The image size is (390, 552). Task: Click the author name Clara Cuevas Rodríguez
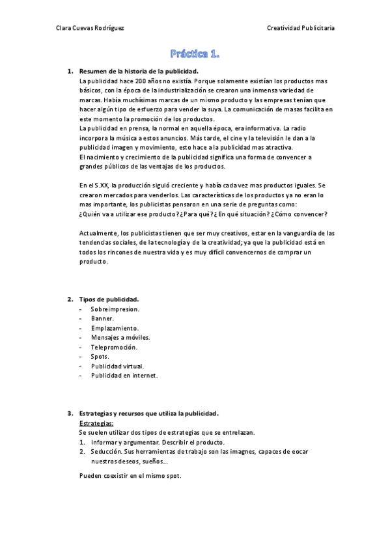pos(91,27)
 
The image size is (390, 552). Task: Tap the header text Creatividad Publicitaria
pos(301,27)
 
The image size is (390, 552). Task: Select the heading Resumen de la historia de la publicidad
pos(139,71)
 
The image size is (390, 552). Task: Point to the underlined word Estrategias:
pos(96,423)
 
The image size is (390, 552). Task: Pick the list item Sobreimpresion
pos(115,309)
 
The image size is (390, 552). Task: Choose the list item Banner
pos(102,318)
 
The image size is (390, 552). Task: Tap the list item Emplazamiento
pos(115,328)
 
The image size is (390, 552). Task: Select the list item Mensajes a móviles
pos(120,337)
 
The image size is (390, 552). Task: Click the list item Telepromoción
pos(114,347)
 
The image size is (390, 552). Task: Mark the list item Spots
pos(100,357)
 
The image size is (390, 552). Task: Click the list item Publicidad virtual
pos(117,366)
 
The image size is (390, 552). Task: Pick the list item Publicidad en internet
pos(124,376)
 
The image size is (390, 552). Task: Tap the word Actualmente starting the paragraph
pos(99,233)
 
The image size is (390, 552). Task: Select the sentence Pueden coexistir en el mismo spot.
pos(130,475)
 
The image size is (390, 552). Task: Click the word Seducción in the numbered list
pos(106,451)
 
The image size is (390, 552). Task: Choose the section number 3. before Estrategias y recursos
pos(70,413)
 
